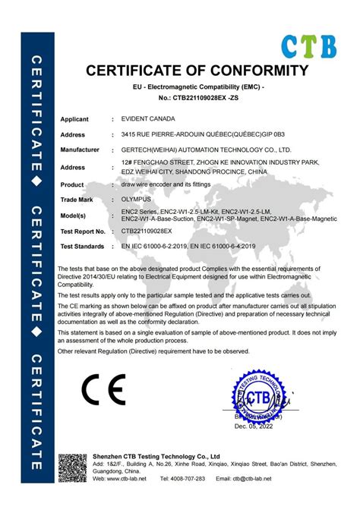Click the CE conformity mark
103,390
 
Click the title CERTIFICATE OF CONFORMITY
193,71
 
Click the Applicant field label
74,119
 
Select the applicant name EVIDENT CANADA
146,119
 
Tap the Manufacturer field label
80,149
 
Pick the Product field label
72,184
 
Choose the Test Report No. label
83,230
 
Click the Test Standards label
82,246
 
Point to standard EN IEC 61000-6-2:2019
161,246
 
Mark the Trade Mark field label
77,199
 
